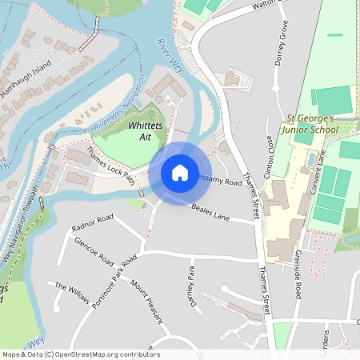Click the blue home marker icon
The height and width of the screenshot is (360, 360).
point(180,172)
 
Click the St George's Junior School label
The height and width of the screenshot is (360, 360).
point(319,125)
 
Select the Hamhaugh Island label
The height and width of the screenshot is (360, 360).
point(26,79)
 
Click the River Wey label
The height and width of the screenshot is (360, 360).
point(170,57)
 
